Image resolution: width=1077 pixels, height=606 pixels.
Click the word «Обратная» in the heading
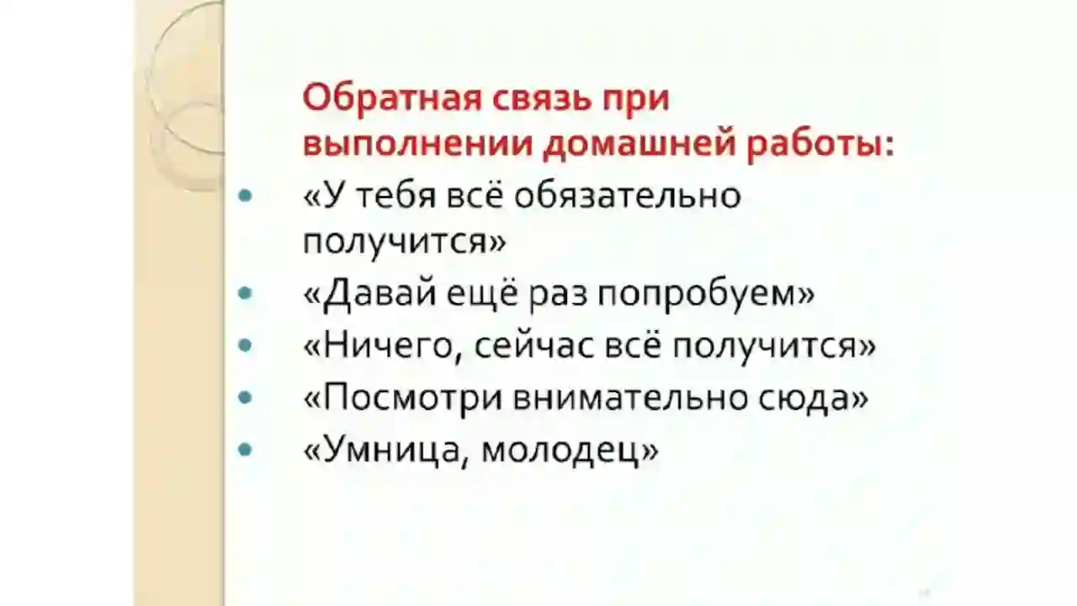pyautogui.click(x=392, y=98)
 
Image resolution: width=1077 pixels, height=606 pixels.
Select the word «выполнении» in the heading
pyautogui.click(x=418, y=144)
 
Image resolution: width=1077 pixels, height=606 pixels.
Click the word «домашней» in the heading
pyautogui.click(x=639, y=144)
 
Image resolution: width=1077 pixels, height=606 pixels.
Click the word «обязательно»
pyautogui.click(x=628, y=196)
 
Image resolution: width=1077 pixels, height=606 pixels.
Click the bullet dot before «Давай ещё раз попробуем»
pyautogui.click(x=245, y=293)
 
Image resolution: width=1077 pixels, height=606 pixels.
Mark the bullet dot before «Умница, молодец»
pyautogui.click(x=245, y=449)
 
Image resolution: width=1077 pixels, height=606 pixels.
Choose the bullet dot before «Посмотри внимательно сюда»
pyautogui.click(x=245, y=396)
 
